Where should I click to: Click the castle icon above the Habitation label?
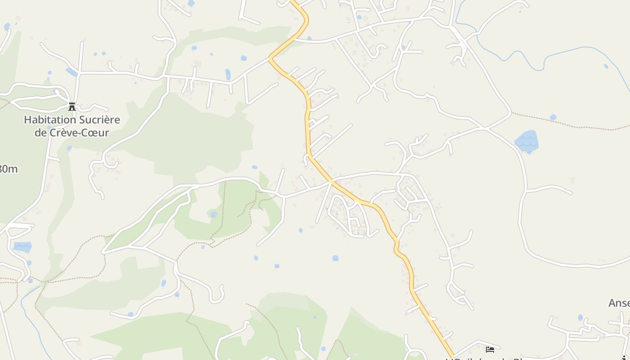[x=72, y=107]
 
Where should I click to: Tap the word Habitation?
[x=50, y=120]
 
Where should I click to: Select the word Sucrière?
[x=100, y=120]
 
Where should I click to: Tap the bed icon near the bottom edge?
[x=490, y=349]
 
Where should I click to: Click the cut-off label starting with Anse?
[x=619, y=303]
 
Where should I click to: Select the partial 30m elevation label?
[x=8, y=169]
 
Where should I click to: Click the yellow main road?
[x=307, y=126]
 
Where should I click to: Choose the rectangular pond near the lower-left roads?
[x=22, y=247]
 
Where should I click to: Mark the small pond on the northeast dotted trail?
[x=553, y=117]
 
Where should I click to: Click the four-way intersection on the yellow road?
[x=331, y=181]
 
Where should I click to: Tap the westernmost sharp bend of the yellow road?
[x=271, y=58]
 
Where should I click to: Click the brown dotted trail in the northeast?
[x=585, y=126]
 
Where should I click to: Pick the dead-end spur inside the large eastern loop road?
[x=549, y=188]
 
